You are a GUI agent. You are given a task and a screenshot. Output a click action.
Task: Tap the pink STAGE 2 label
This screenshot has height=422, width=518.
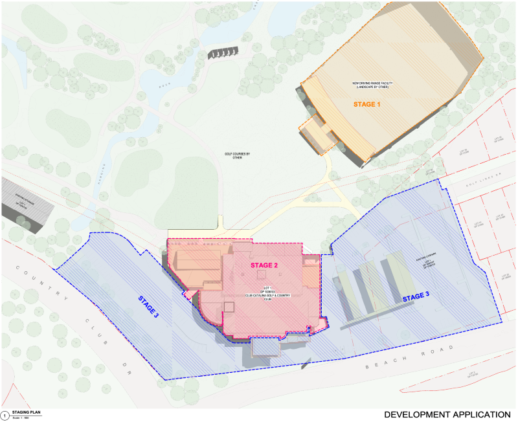tap(264, 265)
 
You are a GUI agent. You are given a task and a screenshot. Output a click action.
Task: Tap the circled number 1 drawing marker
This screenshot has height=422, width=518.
tap(5, 414)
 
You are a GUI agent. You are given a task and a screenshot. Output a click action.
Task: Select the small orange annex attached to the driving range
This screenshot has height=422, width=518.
tap(315, 134)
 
